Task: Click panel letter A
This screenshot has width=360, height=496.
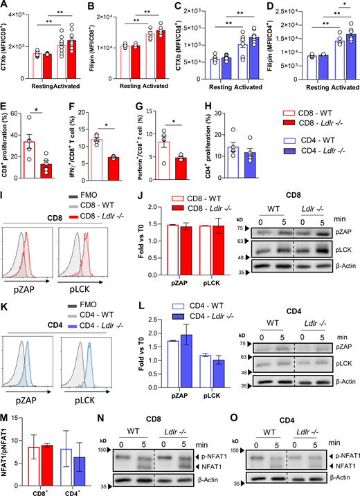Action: click(x=5, y=6)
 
